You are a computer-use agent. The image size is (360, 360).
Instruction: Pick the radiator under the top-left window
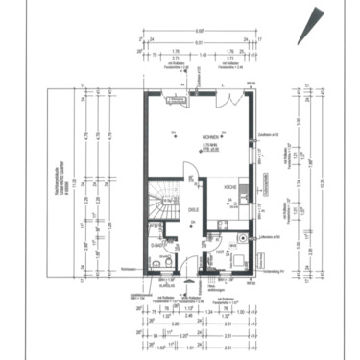(174, 99)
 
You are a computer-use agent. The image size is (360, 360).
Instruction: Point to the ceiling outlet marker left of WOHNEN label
(174, 132)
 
